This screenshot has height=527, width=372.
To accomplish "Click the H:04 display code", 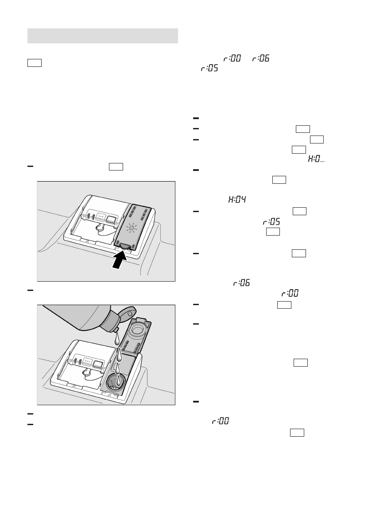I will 237,200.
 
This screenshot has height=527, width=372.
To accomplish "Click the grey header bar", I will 103,36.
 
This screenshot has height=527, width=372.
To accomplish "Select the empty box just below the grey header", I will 35,62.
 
